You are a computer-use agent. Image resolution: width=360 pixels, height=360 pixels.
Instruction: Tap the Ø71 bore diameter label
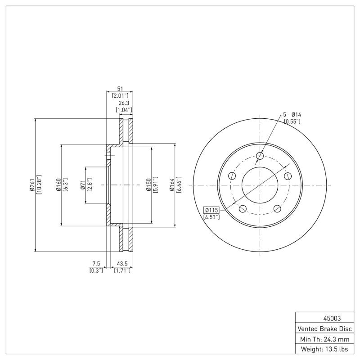click(x=83, y=185)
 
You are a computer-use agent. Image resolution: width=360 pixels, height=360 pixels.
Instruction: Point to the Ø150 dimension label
click(x=148, y=185)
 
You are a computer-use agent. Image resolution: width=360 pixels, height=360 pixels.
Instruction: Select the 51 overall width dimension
click(x=120, y=89)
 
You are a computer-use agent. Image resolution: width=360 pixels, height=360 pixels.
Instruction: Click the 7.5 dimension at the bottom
click(x=96, y=263)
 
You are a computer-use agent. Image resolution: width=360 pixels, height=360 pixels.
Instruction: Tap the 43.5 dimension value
click(x=122, y=263)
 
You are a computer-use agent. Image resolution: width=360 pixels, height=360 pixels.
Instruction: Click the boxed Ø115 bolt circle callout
click(x=211, y=210)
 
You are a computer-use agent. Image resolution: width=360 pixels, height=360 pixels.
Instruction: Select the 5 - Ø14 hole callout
click(x=292, y=114)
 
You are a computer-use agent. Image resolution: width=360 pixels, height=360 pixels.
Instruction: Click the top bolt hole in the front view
click(x=260, y=156)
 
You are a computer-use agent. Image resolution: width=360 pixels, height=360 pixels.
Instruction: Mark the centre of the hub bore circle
click(x=260, y=185)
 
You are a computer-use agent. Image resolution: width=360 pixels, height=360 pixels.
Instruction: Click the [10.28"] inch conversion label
click(x=39, y=185)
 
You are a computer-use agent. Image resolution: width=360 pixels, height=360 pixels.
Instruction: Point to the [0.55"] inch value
click(x=292, y=121)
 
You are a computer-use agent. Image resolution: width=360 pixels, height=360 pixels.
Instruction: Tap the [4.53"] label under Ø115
click(x=211, y=217)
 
